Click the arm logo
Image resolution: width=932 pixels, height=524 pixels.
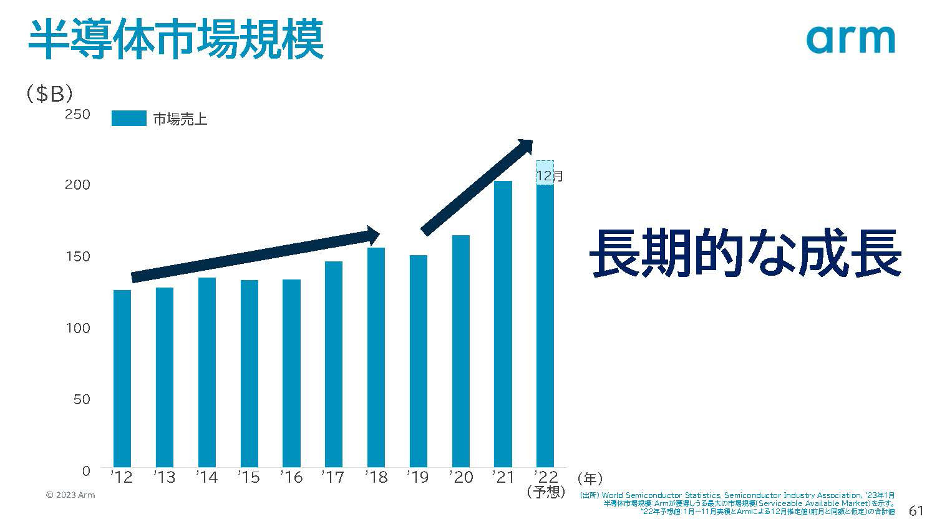(x=851, y=39)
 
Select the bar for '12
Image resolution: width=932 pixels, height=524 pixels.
(x=122, y=378)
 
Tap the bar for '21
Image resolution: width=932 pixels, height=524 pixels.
(x=503, y=324)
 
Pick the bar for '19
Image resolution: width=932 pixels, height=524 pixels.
(x=418, y=361)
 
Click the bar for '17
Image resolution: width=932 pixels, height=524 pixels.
(x=333, y=364)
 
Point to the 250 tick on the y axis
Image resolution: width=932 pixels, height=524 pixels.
(x=77, y=114)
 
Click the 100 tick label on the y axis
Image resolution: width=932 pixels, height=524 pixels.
(x=78, y=328)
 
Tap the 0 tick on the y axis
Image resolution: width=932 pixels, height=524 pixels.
(x=86, y=471)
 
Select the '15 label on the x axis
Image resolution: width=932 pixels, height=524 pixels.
(x=249, y=477)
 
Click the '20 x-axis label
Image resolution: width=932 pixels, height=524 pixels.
(x=461, y=477)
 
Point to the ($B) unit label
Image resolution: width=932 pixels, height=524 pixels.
(x=49, y=94)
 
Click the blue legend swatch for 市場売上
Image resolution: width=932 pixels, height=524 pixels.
(x=129, y=118)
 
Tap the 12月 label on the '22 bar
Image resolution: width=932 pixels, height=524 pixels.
(x=550, y=176)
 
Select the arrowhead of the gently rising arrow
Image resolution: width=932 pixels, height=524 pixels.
(x=371, y=236)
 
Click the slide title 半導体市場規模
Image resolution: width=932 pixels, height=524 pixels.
(x=175, y=39)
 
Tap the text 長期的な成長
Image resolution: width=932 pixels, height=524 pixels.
(x=745, y=253)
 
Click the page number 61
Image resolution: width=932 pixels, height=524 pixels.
(x=916, y=510)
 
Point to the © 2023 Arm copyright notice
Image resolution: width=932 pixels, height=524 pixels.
(x=70, y=495)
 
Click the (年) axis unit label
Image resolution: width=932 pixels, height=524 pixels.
(x=590, y=479)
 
